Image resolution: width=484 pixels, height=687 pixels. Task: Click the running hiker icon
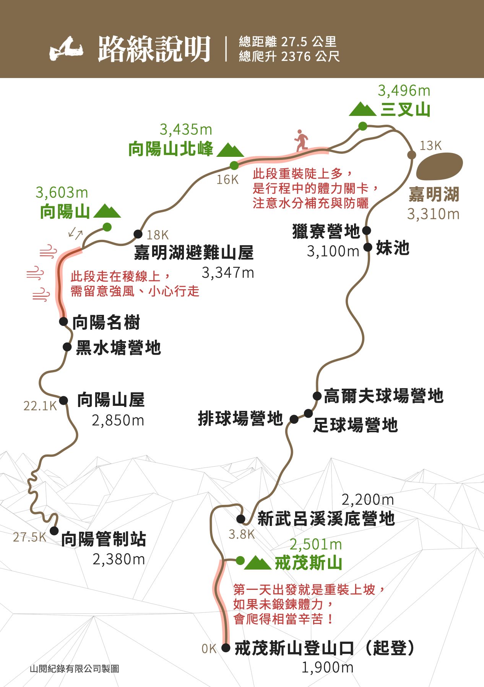(x=301, y=140)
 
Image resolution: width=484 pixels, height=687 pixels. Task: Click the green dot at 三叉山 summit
(x=362, y=126)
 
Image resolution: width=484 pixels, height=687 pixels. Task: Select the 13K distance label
(x=430, y=146)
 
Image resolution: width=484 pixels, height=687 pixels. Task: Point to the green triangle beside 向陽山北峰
(x=230, y=150)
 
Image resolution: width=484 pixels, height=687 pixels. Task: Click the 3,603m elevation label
(x=62, y=192)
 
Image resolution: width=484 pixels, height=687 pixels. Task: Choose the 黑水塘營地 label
(x=119, y=348)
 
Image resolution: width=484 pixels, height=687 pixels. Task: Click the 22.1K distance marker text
(x=40, y=406)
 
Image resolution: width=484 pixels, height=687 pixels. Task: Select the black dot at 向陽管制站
(x=54, y=531)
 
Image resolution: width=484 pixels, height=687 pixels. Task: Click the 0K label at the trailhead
(x=209, y=649)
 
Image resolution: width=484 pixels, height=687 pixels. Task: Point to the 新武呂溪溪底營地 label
(x=326, y=519)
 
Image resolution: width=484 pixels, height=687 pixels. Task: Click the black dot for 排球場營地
(x=294, y=419)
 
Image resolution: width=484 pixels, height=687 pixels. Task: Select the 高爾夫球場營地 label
(x=383, y=396)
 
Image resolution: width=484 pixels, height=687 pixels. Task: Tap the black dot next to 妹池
(x=368, y=247)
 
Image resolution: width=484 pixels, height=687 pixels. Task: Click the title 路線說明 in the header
(x=154, y=49)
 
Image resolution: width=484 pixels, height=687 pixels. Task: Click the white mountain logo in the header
(x=66, y=49)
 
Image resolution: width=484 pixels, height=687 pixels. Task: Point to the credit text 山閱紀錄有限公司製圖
(x=75, y=669)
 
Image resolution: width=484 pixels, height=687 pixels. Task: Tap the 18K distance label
(x=158, y=235)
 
